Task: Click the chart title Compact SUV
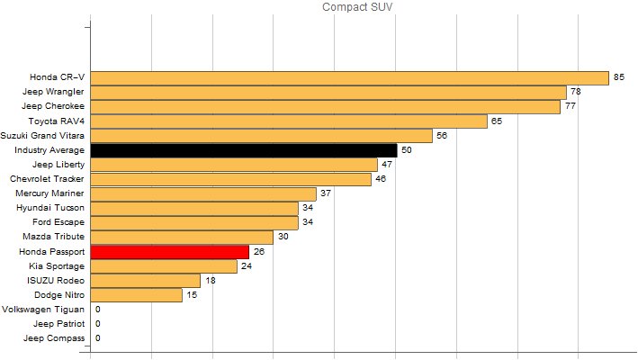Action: coord(357,7)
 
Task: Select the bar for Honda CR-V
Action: coord(349,77)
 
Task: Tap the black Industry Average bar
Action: coord(243,150)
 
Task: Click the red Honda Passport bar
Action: coord(169,252)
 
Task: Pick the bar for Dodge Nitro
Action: coord(136,295)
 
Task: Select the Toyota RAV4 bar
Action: coord(288,121)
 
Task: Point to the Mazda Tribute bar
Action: coord(182,237)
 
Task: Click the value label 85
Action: coord(618,77)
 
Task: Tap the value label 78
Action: coord(575,92)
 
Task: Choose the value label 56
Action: coord(441,136)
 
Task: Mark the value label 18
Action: coord(210,281)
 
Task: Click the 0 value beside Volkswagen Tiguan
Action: coord(97,310)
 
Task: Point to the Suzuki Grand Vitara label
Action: coord(43,136)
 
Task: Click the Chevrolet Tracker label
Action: coord(48,179)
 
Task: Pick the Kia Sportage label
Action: coord(58,266)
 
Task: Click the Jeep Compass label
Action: coord(55,338)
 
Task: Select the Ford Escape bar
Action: coord(194,222)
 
